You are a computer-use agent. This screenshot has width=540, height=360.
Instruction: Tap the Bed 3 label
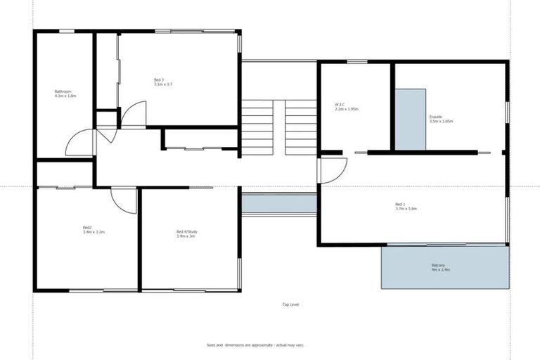click(x=159, y=80)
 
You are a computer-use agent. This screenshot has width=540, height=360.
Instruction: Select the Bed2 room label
click(x=87, y=228)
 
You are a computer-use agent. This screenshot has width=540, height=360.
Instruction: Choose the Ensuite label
click(x=436, y=117)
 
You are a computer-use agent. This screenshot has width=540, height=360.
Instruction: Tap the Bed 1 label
click(x=400, y=205)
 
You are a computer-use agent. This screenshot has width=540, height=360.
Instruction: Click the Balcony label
click(x=440, y=265)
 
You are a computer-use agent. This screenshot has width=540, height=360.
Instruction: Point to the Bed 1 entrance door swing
click(x=333, y=169)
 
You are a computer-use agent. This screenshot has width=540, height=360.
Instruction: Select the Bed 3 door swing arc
click(x=134, y=115)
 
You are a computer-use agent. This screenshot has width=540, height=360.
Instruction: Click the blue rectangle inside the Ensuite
click(x=410, y=119)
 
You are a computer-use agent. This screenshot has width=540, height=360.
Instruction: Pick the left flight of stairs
click(x=257, y=127)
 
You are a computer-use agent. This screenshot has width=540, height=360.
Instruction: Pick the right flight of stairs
click(x=300, y=127)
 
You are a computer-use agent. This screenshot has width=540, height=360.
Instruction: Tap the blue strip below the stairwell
click(x=279, y=204)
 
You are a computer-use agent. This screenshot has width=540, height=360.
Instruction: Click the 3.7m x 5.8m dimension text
click(x=406, y=209)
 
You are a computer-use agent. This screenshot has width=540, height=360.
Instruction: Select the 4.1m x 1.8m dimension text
click(x=65, y=96)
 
